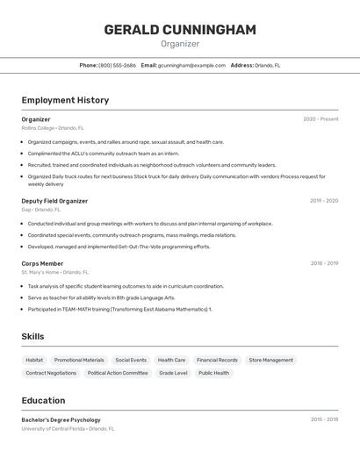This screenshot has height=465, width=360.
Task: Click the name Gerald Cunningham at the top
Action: (x=180, y=30)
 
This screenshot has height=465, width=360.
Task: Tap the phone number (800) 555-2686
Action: (x=117, y=65)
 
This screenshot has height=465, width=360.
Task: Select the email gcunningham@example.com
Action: (x=191, y=65)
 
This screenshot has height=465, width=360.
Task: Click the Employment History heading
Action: (x=65, y=100)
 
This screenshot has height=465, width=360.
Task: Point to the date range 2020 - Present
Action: (x=320, y=119)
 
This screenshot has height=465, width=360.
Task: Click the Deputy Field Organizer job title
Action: (x=54, y=201)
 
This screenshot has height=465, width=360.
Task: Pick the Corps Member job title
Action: (x=42, y=263)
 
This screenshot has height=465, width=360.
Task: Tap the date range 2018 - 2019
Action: (x=324, y=263)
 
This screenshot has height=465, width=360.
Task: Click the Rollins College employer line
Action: (x=53, y=128)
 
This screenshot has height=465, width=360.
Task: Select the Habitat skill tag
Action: (x=34, y=360)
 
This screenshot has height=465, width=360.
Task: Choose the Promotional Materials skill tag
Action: (x=79, y=360)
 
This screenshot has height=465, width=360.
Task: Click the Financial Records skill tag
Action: (x=217, y=360)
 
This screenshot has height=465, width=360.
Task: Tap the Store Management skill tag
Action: (x=270, y=360)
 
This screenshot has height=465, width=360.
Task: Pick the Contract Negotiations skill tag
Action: (x=51, y=373)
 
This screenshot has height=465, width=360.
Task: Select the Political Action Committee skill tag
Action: (x=118, y=373)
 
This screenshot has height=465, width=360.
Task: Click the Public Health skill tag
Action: (x=213, y=373)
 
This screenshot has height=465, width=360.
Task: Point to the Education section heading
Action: (x=43, y=400)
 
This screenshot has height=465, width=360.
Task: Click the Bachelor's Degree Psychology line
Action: (x=61, y=419)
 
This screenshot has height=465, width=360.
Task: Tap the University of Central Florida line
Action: (x=68, y=429)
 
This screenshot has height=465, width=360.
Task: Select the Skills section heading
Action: (x=32, y=337)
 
